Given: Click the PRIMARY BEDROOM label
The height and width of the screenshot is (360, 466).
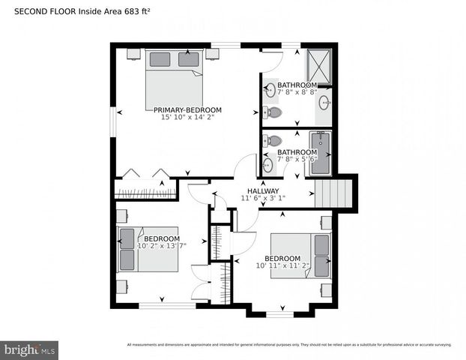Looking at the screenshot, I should (x=188, y=109).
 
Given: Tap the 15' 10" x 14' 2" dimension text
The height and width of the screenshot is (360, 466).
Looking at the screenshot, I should (x=188, y=118).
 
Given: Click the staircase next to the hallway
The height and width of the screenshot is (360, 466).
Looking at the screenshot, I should (x=333, y=193).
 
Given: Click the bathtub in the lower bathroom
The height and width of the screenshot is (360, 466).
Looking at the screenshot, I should (x=321, y=152).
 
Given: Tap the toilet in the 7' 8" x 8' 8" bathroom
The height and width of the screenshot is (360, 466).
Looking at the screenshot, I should (x=273, y=113).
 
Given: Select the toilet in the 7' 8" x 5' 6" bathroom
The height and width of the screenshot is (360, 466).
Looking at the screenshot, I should (x=274, y=140).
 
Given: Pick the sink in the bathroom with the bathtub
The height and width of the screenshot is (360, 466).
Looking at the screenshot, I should (x=268, y=165).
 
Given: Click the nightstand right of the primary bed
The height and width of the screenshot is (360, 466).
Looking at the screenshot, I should (x=213, y=54).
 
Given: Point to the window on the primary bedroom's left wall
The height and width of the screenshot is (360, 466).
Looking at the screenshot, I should (x=113, y=122).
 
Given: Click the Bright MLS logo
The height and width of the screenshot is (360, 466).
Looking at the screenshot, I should (x=30, y=349).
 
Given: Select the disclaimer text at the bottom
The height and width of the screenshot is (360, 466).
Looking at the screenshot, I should (x=289, y=345).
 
